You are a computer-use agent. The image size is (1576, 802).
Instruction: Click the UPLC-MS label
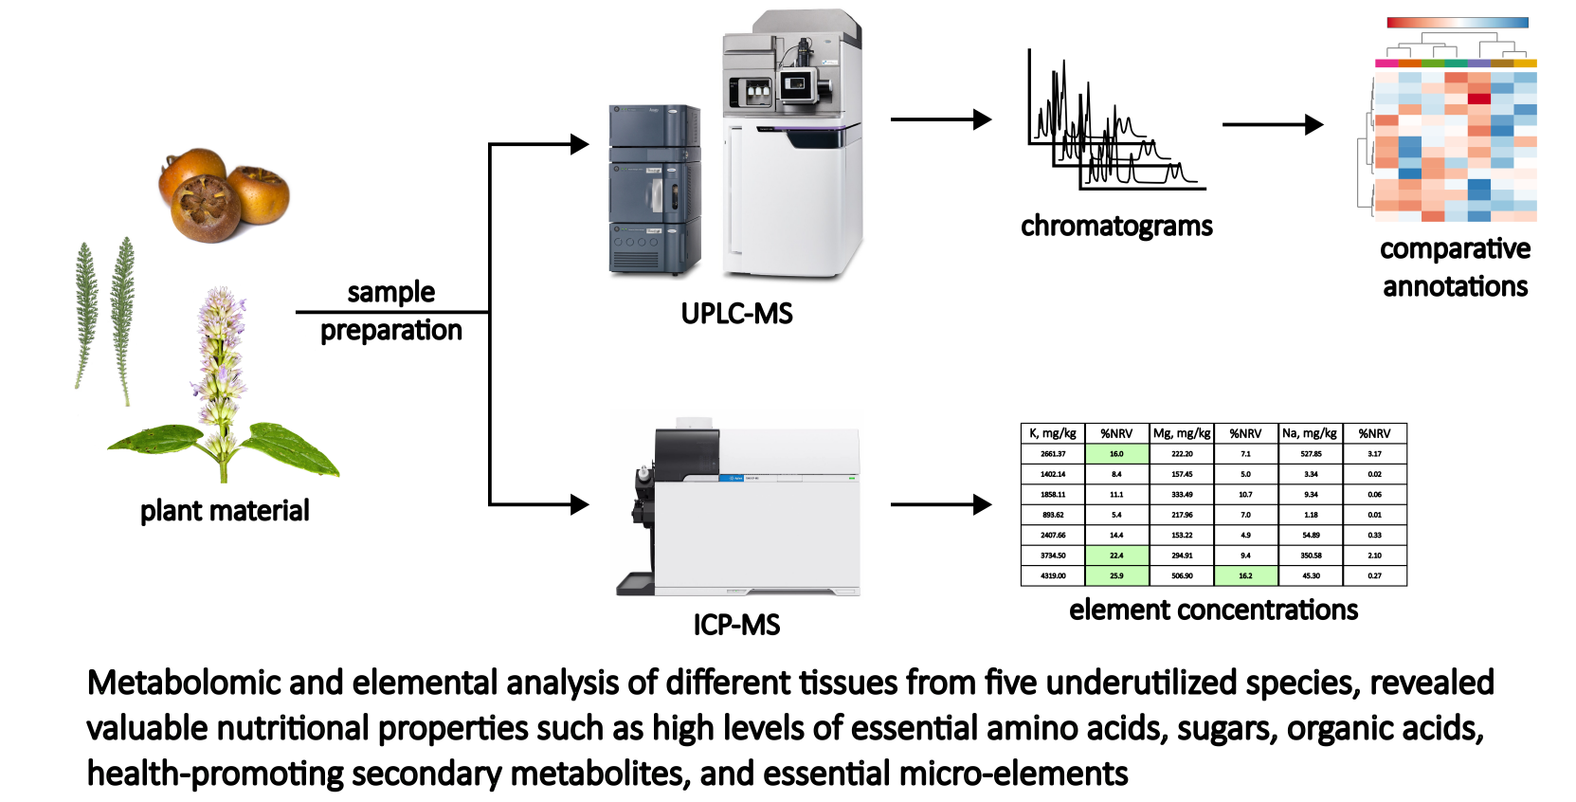[736, 314]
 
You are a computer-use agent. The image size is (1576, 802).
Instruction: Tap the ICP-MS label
[736, 625]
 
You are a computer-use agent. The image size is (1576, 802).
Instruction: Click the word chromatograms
[1116, 226]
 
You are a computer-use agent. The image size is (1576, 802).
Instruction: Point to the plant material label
[225, 511]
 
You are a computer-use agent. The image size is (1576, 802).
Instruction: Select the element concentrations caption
[1213, 610]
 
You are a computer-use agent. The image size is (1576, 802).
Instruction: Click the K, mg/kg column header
[1053, 433]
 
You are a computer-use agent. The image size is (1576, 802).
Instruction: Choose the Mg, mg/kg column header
[1182, 433]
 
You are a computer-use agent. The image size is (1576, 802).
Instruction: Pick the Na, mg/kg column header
[1310, 433]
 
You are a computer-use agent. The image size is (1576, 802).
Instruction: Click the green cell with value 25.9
[1116, 575]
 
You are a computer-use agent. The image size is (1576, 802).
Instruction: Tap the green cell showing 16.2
[1245, 575]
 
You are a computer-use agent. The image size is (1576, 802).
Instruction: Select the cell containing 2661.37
[1053, 454]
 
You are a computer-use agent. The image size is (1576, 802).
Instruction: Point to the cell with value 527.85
[1311, 454]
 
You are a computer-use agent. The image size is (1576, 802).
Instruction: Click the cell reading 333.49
[1182, 495]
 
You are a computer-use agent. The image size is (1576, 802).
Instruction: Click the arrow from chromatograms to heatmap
[1272, 124]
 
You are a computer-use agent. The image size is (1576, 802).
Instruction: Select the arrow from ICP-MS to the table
[940, 504]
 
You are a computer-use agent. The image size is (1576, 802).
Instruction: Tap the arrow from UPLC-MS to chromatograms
[940, 119]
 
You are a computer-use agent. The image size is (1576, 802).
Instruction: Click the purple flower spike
[220, 370]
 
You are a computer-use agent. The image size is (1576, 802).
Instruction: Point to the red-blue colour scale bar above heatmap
[1457, 23]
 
